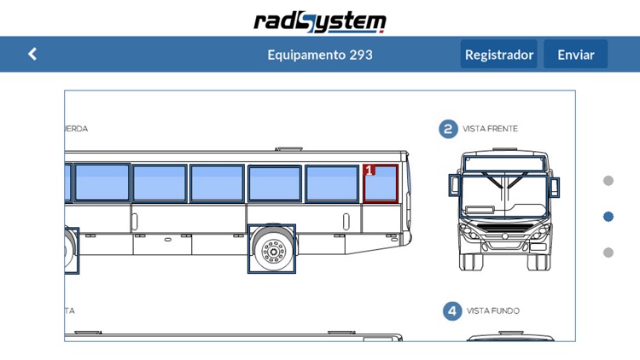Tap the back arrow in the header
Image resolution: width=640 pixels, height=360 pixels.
32,54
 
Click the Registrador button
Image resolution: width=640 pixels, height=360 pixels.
498,54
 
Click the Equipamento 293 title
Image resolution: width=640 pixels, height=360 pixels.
320,55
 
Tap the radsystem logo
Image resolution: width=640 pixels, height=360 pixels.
320,21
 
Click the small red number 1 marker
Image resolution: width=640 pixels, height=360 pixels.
369,170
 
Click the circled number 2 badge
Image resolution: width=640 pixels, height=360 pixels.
449,129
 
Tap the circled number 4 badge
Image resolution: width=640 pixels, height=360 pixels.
452,311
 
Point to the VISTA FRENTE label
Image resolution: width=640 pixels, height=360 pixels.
490,129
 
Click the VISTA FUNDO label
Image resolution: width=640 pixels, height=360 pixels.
492,311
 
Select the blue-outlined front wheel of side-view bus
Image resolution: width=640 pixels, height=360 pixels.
272,249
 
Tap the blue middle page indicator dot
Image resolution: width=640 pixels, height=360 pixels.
608,217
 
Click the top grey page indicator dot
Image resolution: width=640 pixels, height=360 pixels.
608,181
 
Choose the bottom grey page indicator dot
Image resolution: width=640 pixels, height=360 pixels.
608,253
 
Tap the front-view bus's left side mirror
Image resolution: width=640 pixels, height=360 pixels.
455,186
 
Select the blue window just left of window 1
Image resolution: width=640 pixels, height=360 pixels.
333,183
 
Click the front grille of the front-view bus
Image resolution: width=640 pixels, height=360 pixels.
504,226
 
